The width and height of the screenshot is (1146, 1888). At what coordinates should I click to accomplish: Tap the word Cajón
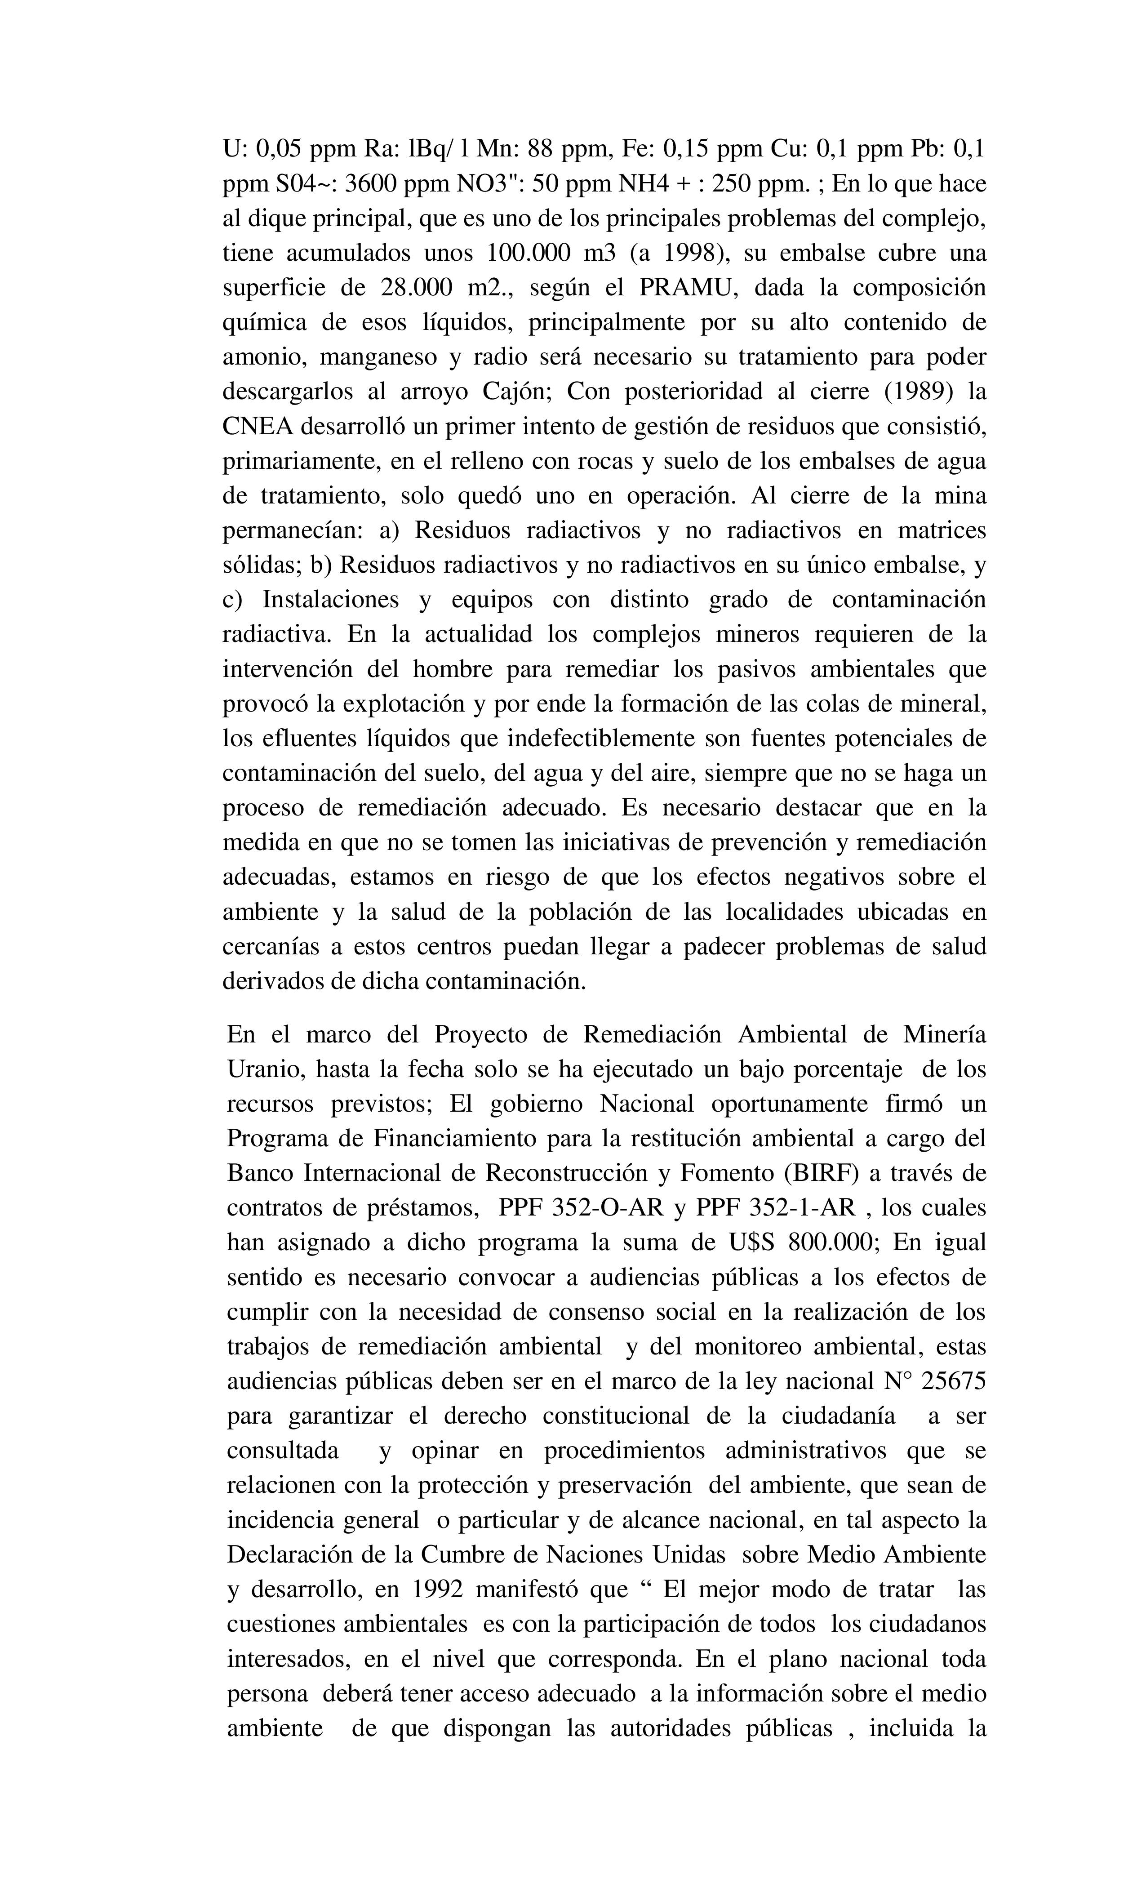(516, 392)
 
